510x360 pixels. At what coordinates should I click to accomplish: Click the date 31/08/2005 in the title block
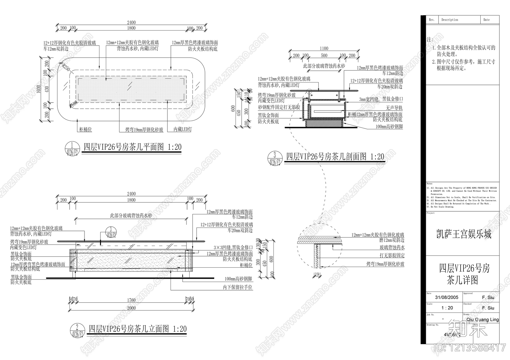coord(447,297)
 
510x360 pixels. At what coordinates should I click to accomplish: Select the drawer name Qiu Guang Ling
coord(483,320)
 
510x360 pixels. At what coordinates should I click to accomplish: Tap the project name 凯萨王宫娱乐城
coord(464,234)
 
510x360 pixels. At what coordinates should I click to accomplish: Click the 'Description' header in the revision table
coord(449,20)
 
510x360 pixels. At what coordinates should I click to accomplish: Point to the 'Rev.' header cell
coord(432,20)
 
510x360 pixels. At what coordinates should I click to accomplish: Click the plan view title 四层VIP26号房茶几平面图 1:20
coord(132,147)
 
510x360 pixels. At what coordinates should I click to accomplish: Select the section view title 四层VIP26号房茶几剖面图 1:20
coord(335,156)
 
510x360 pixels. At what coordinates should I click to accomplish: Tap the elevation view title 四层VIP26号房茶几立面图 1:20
coord(137,329)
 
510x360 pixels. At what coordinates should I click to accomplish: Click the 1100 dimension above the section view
coord(324,48)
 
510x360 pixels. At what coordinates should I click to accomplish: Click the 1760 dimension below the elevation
coord(131,300)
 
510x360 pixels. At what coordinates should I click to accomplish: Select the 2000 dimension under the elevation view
coord(131,308)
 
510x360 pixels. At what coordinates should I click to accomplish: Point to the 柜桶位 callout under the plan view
coord(85,130)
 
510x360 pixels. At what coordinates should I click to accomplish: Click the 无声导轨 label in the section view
coord(394,108)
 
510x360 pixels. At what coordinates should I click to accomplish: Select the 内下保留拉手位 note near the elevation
coord(237,287)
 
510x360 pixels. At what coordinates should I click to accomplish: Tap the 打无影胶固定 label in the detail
coord(392,256)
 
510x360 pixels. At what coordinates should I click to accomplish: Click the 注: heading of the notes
coord(430,40)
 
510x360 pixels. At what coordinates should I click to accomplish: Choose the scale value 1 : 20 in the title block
coord(447,308)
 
